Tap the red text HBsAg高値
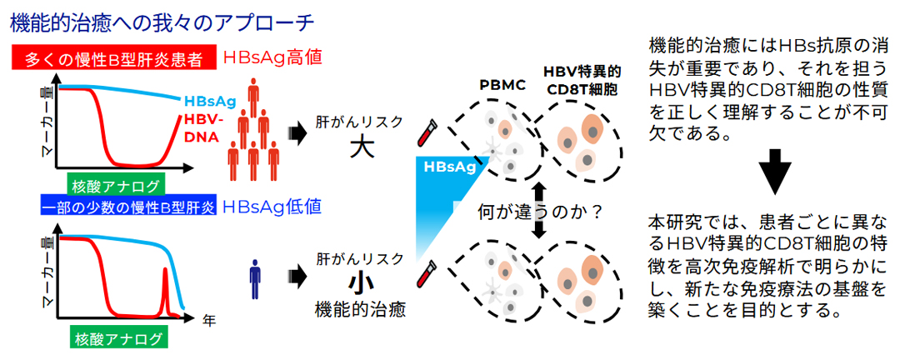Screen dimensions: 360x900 pyautogui.click(x=272, y=58)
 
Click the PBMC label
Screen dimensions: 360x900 pyautogui.click(x=502, y=84)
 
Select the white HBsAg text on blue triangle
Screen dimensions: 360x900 pyautogui.click(x=449, y=166)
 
